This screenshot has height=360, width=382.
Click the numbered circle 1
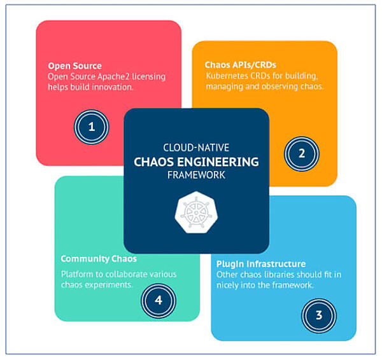click(91, 125)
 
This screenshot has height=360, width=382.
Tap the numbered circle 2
click(302, 153)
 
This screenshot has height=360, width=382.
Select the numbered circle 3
click(319, 314)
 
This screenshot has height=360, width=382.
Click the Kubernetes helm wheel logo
click(196, 212)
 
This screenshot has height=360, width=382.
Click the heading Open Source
click(74, 66)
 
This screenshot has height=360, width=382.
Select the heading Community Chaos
click(99, 259)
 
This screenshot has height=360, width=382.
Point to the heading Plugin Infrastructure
click(260, 263)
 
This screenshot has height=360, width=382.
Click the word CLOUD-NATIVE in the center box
click(196, 146)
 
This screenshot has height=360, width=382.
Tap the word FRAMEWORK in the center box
click(196, 175)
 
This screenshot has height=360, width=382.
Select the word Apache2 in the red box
click(115, 76)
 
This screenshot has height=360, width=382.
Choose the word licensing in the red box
click(149, 76)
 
